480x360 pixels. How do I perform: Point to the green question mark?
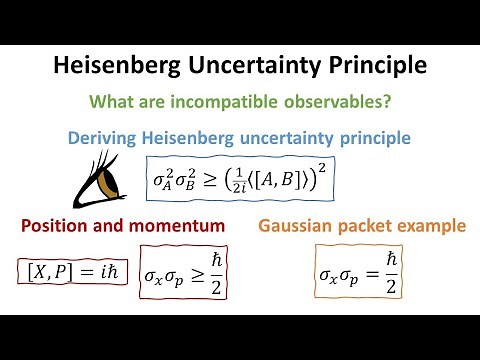coord(388,101)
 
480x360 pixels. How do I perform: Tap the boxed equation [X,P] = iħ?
coord(62,270)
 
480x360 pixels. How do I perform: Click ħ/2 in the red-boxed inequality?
coord(211,272)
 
